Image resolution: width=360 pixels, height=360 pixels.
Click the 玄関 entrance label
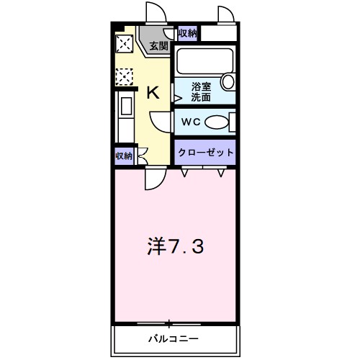[x=158, y=46]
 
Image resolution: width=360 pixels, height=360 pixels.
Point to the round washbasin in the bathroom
[x=228, y=81]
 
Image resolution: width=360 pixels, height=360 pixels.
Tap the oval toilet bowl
[x=215, y=122]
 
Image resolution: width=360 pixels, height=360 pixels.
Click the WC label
[x=190, y=122]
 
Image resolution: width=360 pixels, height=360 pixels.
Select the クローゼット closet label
[x=206, y=153]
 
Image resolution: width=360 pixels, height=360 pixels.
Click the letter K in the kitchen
[x=153, y=92]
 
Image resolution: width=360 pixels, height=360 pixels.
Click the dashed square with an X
[x=123, y=76]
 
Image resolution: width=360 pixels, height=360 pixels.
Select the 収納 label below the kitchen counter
[x=124, y=156]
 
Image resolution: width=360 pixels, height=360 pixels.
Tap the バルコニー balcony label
[x=174, y=338]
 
